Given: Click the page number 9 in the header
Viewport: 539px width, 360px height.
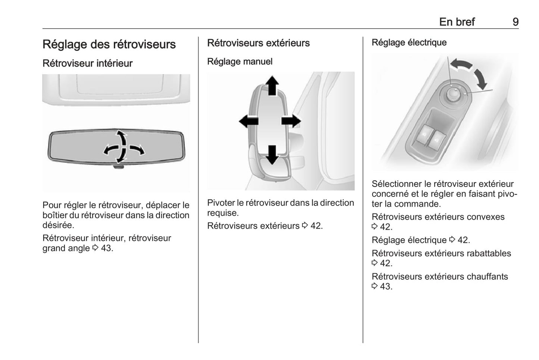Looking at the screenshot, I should pos(515,22).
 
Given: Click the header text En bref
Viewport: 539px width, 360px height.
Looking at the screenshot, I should pos(457,22).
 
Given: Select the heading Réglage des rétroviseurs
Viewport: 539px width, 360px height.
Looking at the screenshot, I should pos(109,44).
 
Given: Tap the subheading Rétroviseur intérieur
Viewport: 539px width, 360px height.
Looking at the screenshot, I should pos(87,63).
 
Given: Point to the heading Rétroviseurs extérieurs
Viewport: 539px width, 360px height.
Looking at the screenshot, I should pos(258,43).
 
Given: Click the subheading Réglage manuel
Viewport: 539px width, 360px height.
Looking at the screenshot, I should pos(239,62).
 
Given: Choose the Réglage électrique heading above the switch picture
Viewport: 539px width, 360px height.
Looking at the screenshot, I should pos(409,43).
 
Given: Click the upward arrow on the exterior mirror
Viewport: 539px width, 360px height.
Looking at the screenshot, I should pos(272,85).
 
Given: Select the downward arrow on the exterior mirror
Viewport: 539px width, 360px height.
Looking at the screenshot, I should pos(272,154).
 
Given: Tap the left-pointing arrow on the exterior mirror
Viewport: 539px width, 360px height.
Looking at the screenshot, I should pos(248,121).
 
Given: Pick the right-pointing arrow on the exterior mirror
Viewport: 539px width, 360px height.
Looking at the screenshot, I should pos(291,121).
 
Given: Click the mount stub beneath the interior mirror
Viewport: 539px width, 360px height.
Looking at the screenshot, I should pos(118,166).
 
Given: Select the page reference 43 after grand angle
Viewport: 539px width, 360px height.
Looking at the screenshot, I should pos(106,248).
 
